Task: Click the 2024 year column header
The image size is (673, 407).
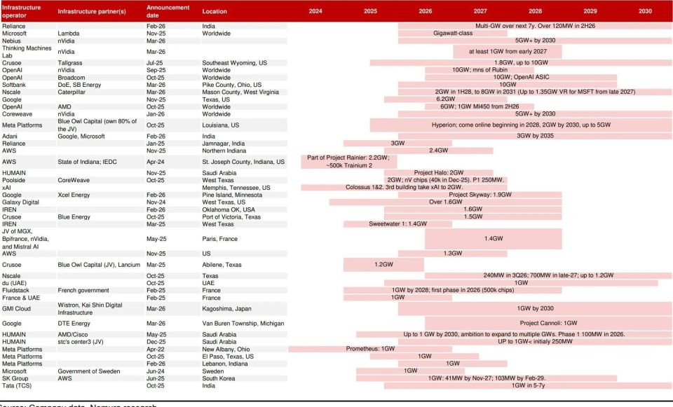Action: pos(315,11)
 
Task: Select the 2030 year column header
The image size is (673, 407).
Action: pos(645,11)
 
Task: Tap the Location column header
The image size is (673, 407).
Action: pos(215,11)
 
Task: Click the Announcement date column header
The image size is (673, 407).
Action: pos(168,11)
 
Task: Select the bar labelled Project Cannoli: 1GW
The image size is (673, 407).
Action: pos(548,323)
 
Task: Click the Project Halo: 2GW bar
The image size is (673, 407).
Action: pos(438,172)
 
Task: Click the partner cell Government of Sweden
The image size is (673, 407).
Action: pos(89,371)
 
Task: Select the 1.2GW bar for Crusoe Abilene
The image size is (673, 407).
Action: pos(383,265)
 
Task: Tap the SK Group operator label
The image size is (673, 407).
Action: pos(16,378)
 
